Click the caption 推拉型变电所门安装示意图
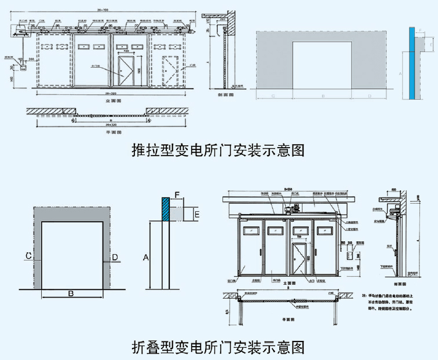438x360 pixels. (218, 152)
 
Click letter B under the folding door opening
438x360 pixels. (71, 293)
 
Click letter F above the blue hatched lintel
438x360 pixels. (178, 193)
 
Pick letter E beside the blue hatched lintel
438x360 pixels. (197, 214)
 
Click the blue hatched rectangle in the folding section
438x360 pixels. (166, 209)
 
